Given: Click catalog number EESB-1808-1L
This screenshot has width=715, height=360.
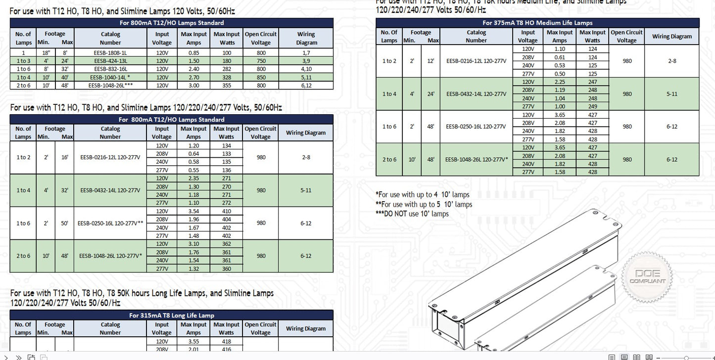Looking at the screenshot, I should (110, 52).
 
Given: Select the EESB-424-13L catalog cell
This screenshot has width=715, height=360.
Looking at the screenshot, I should (110, 61).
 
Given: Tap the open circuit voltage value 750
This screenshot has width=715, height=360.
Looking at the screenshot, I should (261, 61).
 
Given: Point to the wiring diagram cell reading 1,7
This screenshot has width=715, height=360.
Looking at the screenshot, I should (306, 52).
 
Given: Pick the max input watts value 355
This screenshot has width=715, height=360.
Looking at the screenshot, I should (226, 86).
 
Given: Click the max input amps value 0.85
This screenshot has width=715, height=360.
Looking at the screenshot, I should (193, 52).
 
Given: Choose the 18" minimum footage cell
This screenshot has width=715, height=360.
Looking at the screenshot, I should (46, 52).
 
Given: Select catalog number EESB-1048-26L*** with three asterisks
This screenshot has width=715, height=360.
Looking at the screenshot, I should (110, 86).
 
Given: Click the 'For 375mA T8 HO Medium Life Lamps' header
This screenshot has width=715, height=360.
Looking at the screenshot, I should (537, 23).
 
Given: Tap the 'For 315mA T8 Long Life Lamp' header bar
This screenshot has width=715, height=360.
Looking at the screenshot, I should (171, 315).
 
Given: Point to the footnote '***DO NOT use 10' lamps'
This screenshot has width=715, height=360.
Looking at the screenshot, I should (412, 214).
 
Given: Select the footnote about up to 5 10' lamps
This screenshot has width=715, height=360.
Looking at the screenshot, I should (424, 204).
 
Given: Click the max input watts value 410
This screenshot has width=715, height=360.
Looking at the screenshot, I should (226, 211).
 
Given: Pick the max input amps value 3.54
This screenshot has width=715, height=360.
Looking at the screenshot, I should (193, 211).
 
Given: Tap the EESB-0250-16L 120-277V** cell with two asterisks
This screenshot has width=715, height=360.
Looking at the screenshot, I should (110, 223).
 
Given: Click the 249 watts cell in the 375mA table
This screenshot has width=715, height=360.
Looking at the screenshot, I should (592, 106).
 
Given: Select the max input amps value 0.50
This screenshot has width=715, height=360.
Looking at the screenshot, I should (560, 74).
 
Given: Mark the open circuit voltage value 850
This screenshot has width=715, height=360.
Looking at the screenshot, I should (261, 77).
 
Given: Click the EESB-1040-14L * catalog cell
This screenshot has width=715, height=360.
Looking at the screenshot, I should (110, 77).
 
